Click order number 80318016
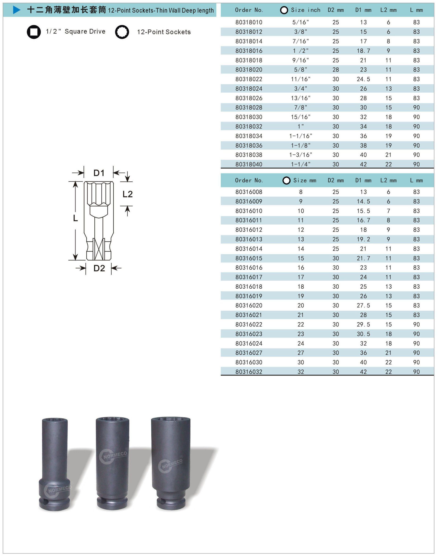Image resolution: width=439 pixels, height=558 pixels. (x=249, y=51)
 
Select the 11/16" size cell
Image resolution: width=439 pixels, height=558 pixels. (x=300, y=79)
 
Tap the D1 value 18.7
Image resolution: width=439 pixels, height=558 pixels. (x=363, y=51)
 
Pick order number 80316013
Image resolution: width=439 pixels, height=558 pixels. (x=249, y=239)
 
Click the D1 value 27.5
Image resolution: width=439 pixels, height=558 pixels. (x=363, y=306)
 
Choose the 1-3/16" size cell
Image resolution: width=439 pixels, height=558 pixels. (x=300, y=155)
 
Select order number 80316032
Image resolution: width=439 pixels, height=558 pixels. (x=249, y=372)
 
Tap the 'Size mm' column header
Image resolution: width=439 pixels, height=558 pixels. (x=305, y=180)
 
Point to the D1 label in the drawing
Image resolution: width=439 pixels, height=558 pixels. (x=99, y=173)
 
